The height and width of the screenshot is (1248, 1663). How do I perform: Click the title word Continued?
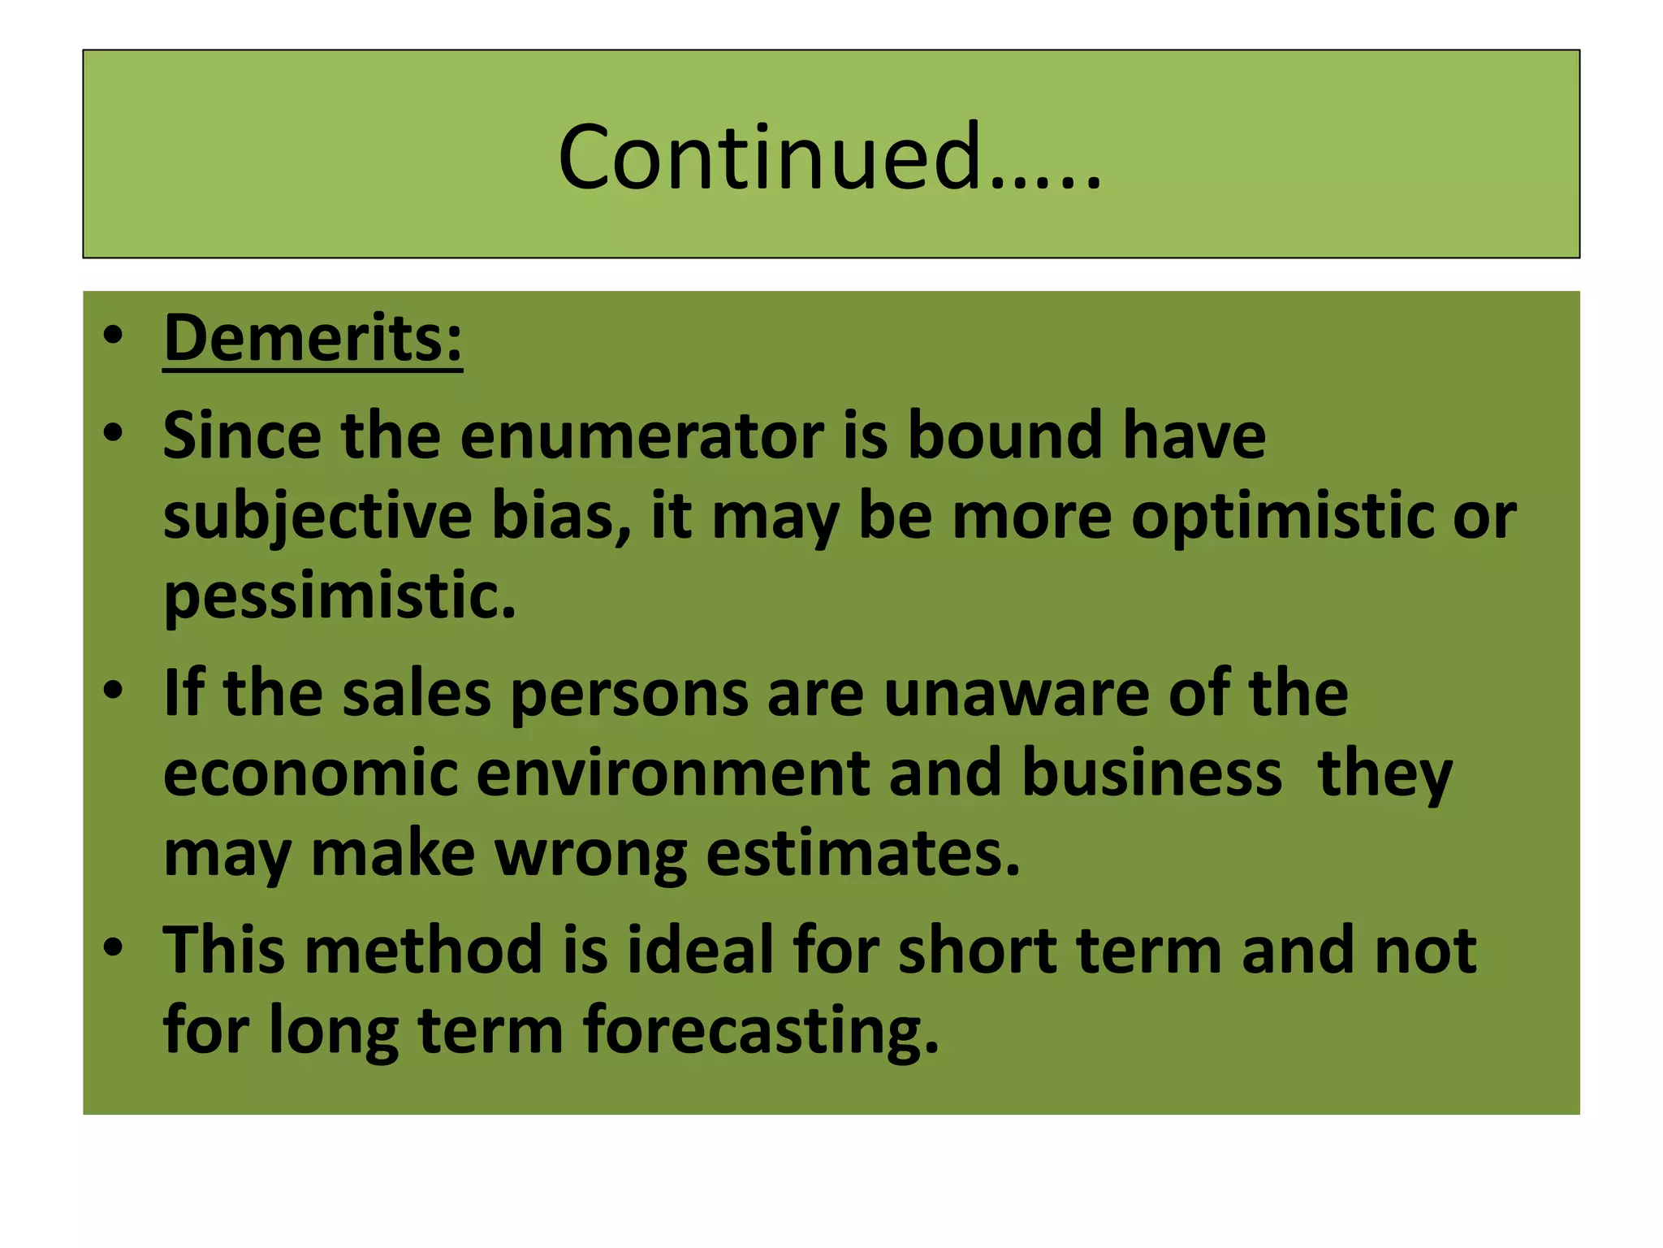(828, 157)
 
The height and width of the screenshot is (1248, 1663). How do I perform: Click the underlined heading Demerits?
(313, 338)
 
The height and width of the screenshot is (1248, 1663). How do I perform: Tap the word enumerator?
(641, 436)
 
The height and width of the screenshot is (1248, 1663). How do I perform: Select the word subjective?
(317, 518)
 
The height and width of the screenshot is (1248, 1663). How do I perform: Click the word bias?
(561, 518)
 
